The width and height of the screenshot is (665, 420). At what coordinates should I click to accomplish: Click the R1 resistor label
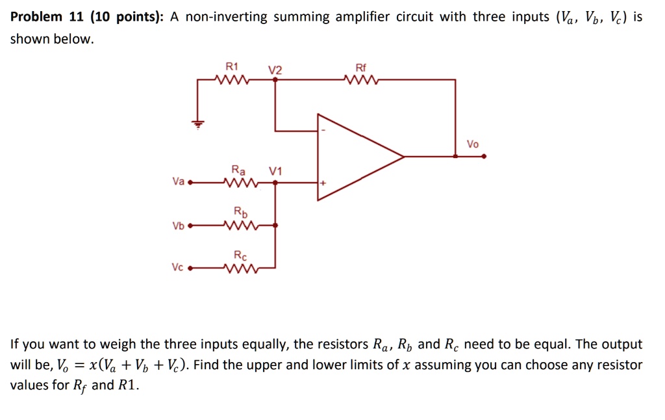point(232,66)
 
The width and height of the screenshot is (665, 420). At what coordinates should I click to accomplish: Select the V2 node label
point(275,70)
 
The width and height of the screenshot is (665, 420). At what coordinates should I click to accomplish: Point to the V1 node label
point(275,171)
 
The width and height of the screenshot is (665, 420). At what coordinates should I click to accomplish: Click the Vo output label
point(473,144)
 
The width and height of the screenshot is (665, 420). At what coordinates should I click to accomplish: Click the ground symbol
point(199,123)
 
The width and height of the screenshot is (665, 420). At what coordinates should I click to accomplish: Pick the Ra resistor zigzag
point(240,183)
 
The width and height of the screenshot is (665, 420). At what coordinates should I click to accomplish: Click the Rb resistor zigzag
point(240,226)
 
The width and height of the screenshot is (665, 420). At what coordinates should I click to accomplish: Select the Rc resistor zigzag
point(240,267)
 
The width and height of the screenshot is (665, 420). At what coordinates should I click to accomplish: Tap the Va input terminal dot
point(190,183)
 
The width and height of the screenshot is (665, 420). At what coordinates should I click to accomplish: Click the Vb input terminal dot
point(190,226)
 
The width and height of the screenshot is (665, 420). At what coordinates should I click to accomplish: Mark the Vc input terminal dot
point(190,267)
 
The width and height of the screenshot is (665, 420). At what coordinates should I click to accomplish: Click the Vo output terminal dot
point(484,156)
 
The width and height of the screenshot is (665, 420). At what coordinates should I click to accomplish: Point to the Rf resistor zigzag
point(361,80)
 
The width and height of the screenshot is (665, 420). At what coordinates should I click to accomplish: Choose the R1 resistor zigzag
point(232,80)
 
